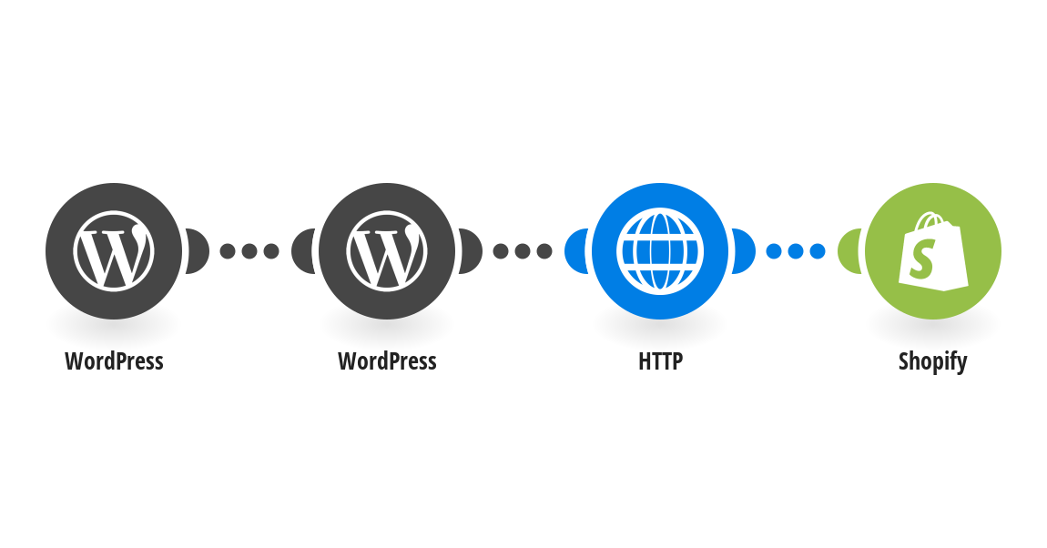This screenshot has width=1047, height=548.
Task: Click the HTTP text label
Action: [660, 361]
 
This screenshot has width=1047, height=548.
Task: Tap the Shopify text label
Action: [933, 361]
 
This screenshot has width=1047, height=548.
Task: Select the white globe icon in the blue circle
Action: [660, 251]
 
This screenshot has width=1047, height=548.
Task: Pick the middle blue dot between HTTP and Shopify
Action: [796, 251]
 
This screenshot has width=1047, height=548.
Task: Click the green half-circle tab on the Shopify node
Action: [849, 251]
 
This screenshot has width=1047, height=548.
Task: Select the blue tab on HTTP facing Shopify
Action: [744, 251]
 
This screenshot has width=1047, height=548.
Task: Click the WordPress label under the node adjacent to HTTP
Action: [387, 361]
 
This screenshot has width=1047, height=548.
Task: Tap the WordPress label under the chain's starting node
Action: [114, 361]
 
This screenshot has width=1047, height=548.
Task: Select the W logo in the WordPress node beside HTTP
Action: [387, 251]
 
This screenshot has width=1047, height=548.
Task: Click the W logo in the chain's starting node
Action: [114, 251]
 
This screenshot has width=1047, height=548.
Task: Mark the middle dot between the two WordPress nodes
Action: [249, 251]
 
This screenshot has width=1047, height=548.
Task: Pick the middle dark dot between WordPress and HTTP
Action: [523, 251]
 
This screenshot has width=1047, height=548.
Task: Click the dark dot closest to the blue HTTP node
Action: [544, 251]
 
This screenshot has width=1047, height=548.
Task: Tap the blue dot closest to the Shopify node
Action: [818, 251]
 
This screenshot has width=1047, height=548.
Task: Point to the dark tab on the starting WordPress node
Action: [198, 251]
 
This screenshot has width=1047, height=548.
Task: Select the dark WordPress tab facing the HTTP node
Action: [471, 251]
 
